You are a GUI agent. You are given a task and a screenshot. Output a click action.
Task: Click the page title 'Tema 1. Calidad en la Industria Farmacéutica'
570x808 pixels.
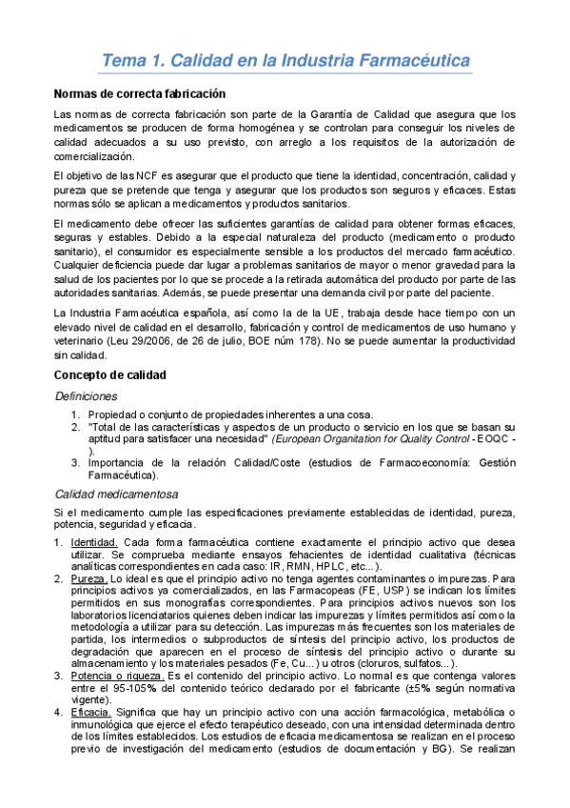tap(286, 62)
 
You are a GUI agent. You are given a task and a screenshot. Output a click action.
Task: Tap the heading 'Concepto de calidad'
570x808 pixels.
tap(109, 375)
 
